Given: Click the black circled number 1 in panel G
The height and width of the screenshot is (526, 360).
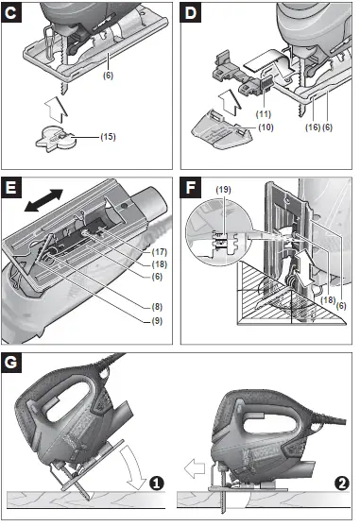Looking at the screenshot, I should [x=156, y=483].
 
